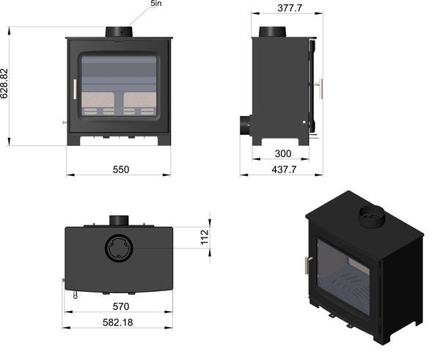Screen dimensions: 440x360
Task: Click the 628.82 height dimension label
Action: (x=4, y=84)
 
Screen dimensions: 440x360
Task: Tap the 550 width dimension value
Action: (x=121, y=169)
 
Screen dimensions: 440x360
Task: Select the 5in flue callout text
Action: (x=156, y=4)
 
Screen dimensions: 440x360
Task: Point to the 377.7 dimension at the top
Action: (x=290, y=8)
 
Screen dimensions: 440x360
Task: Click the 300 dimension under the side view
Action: (x=283, y=153)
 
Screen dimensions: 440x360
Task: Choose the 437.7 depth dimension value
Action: (x=284, y=169)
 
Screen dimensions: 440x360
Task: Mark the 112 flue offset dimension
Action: (x=205, y=237)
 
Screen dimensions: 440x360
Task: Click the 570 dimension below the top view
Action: (x=121, y=306)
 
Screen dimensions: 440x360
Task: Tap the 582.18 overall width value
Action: (x=118, y=323)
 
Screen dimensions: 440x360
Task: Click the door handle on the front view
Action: (x=75, y=89)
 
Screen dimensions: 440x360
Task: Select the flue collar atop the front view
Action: (x=119, y=32)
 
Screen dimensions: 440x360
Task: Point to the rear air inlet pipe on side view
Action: (x=245, y=125)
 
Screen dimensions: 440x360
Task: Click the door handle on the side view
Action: (x=320, y=89)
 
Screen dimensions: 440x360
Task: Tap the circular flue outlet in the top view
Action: (x=119, y=248)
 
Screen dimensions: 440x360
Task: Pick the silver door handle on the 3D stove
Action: (x=308, y=265)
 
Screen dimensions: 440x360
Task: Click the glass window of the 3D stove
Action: (x=343, y=276)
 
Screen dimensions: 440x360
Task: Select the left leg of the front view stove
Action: (x=73, y=139)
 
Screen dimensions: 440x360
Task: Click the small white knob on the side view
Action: (x=304, y=122)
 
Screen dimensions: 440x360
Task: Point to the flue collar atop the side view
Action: (x=272, y=32)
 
